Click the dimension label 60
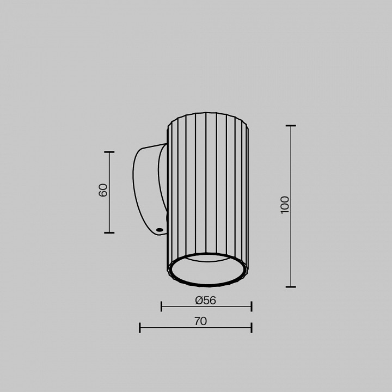tap(103, 190)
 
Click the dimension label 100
tap(285, 205)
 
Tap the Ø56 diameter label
tap(205, 301)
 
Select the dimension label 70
tap(200, 321)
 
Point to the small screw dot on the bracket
tap(159, 230)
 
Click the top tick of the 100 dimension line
tap(291, 126)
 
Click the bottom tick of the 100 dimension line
tap(291, 286)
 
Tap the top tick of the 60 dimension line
tap(109, 152)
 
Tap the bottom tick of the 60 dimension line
tap(109, 232)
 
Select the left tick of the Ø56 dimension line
tap(162, 307)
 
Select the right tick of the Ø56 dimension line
tap(251, 307)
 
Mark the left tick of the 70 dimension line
tap(140, 327)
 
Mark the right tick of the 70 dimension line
tap(251, 327)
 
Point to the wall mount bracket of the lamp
tap(147, 185)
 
